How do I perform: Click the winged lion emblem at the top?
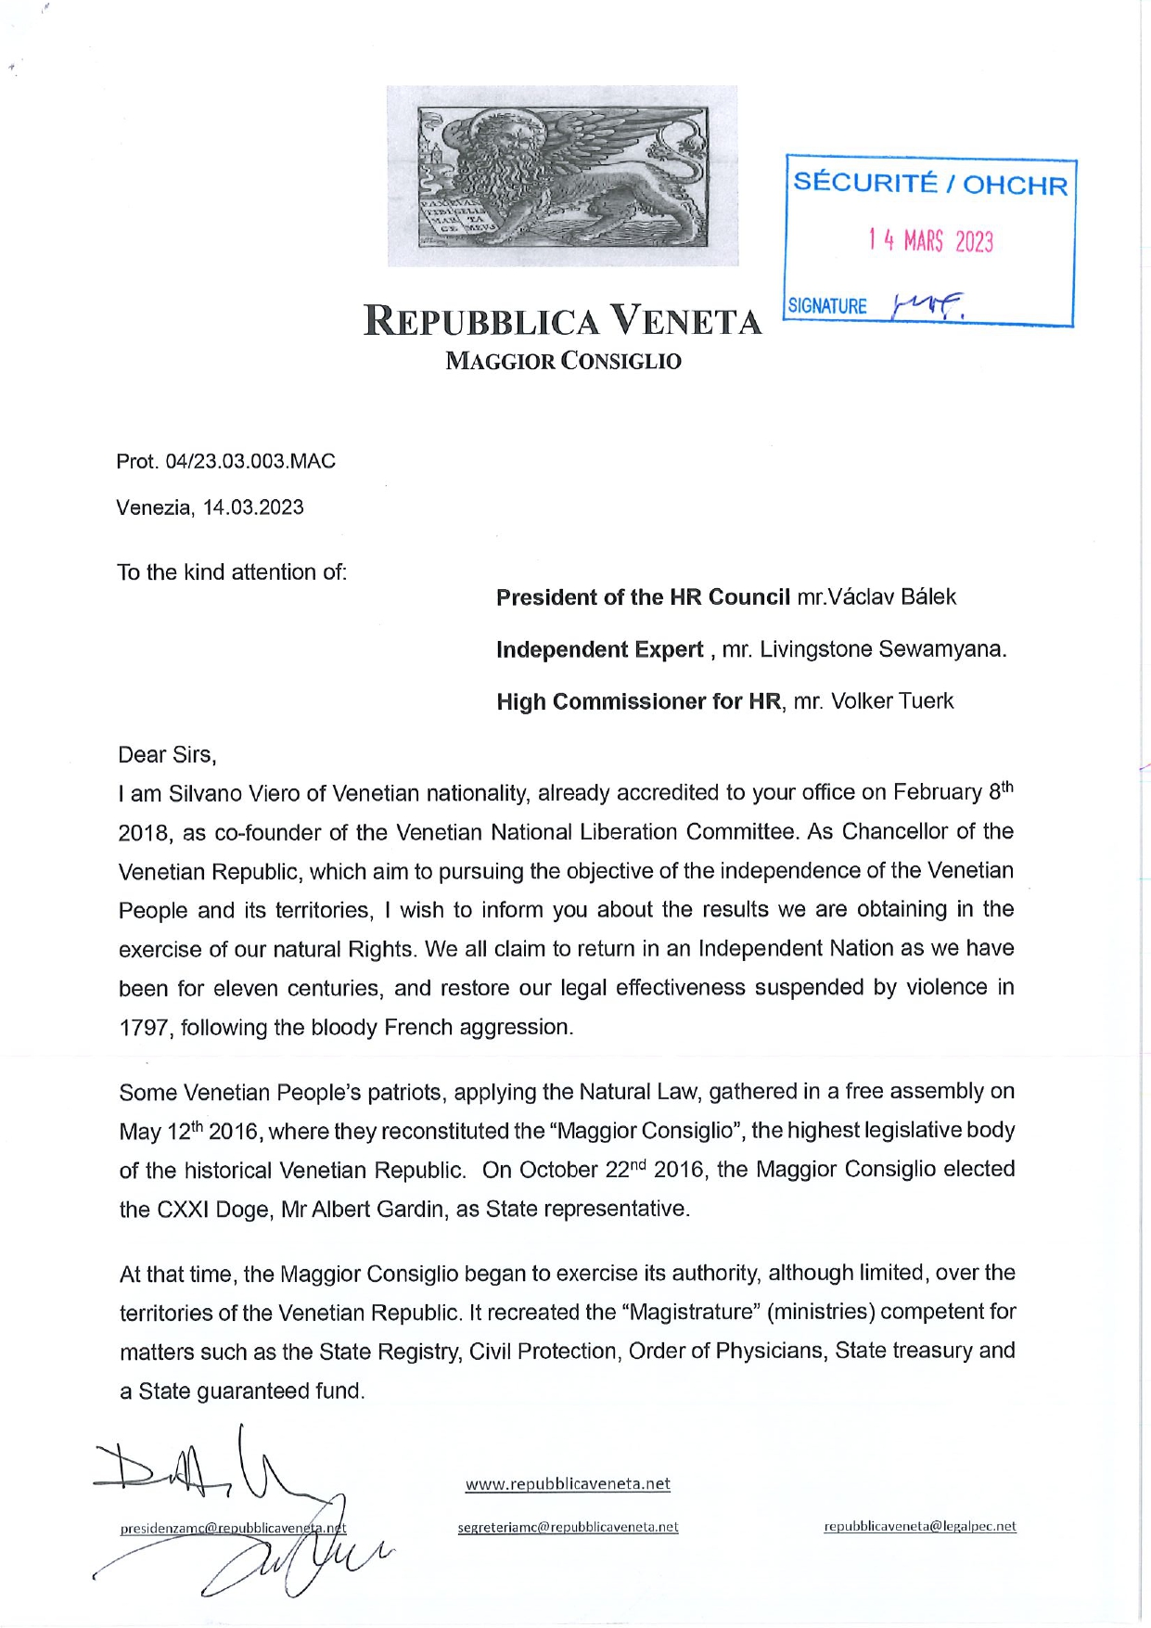pos(563,175)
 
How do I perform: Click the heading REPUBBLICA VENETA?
pos(563,321)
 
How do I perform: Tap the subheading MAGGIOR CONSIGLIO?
pos(563,361)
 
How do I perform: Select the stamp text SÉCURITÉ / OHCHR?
pos(930,184)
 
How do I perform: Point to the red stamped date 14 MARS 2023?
pos(930,242)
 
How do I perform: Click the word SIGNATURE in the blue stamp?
pos(827,306)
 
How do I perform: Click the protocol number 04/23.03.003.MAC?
pos(249,461)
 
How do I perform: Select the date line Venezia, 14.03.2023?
pos(210,507)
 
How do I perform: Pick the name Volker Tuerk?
pos(891,701)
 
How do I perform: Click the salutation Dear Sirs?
pos(167,755)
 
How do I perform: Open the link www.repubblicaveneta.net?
pos(568,1483)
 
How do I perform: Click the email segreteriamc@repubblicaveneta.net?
pos(568,1527)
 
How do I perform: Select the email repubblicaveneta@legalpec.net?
pos(919,1526)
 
